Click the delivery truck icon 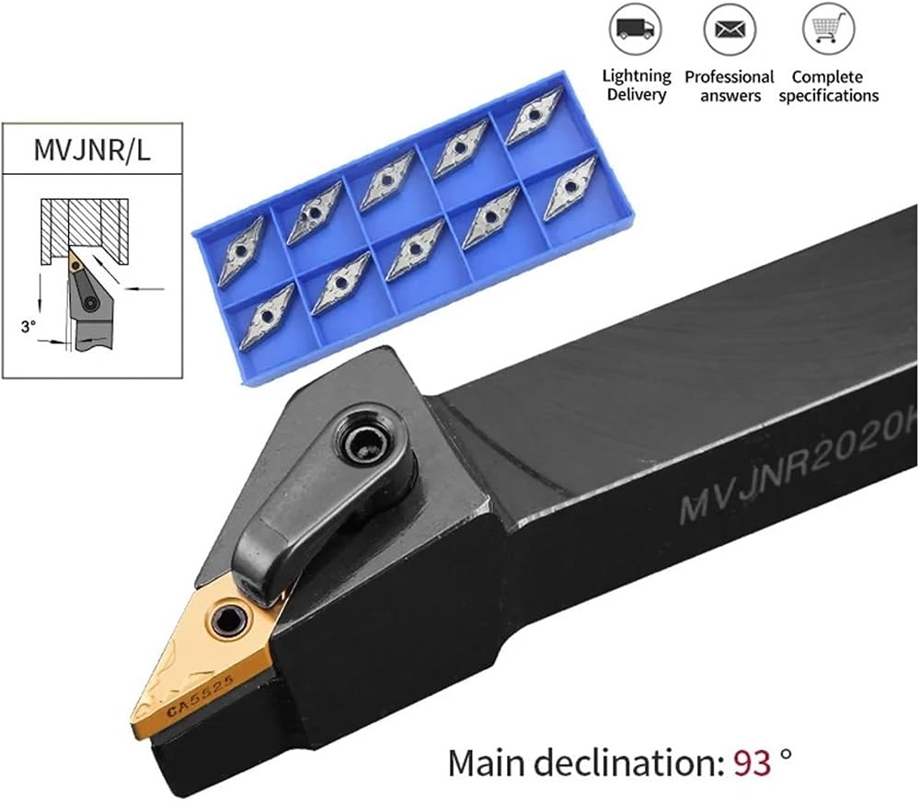pyautogui.click(x=636, y=29)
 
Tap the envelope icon pyautogui.click(x=730, y=29)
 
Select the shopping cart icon pyautogui.click(x=828, y=29)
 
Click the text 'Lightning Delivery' pyautogui.click(x=637, y=85)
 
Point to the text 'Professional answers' pyautogui.click(x=730, y=86)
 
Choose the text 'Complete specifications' pyautogui.click(x=828, y=86)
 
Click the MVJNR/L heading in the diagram pyautogui.click(x=92, y=149)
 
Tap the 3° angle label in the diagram pyautogui.click(x=29, y=327)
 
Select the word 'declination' pyautogui.click(x=626, y=762)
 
